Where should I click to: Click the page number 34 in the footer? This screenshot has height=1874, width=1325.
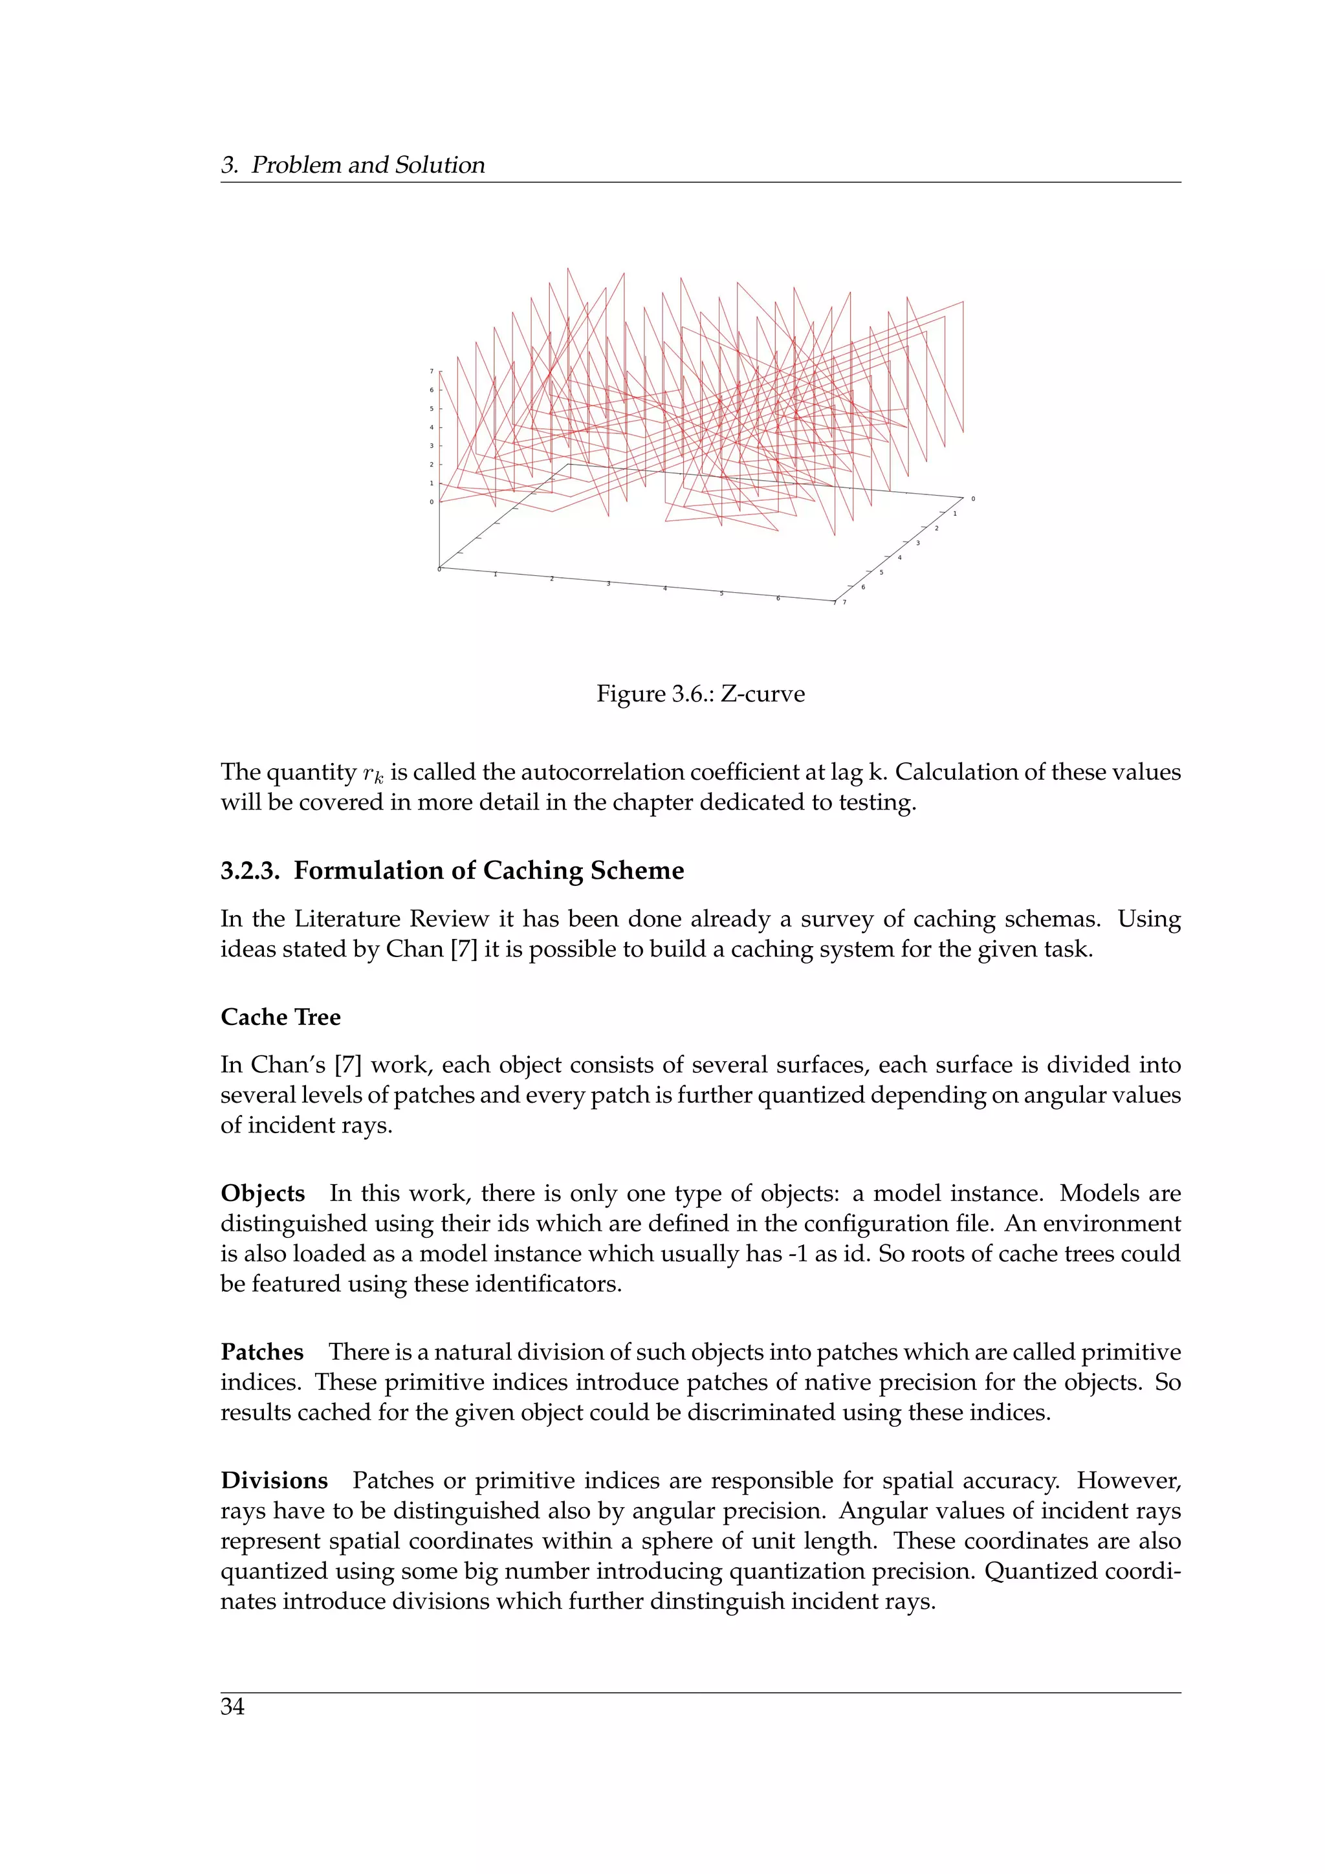point(232,1706)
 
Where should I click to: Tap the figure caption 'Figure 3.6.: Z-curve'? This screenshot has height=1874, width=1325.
point(700,694)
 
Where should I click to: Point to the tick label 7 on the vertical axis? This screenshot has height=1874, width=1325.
point(432,371)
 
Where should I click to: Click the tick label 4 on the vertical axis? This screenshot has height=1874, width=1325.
point(432,428)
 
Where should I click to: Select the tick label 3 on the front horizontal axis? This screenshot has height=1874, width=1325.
point(608,584)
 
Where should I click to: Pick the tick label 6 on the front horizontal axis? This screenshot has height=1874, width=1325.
point(778,599)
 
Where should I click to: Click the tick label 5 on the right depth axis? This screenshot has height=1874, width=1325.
point(881,572)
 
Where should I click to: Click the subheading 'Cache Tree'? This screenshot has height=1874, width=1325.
point(281,1017)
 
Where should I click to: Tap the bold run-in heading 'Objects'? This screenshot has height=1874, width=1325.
point(263,1193)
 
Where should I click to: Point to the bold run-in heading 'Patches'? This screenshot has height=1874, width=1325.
point(262,1352)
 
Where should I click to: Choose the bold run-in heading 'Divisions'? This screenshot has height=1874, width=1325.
point(274,1481)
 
